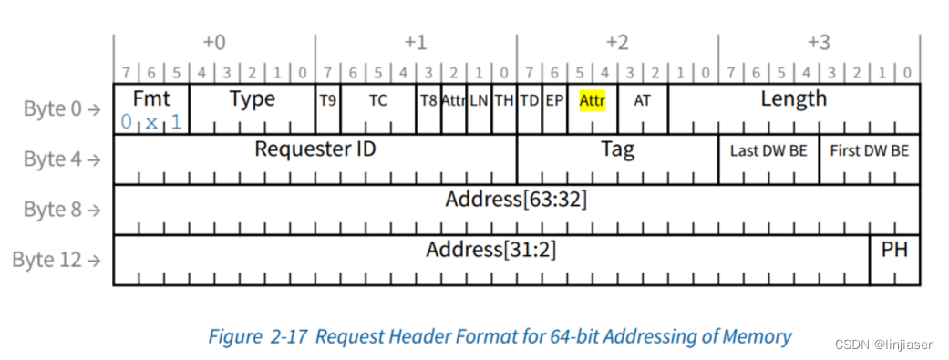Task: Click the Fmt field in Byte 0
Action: point(151,98)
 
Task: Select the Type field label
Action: point(253,98)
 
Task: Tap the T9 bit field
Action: point(327,100)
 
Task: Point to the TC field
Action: point(377,100)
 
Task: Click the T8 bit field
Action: point(428,100)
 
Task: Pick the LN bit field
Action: point(479,100)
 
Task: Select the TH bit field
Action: point(503,100)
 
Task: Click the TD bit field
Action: point(529,100)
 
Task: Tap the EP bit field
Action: point(554,100)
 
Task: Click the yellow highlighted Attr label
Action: point(593,100)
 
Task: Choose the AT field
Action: point(643,100)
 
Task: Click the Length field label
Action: point(793,98)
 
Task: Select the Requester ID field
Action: point(315,149)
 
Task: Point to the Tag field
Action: point(617,149)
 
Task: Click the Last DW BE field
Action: point(768,151)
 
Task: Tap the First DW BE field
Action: point(869,151)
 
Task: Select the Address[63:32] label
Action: point(516,200)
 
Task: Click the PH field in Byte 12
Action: point(894,249)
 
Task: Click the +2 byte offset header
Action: point(617,43)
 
